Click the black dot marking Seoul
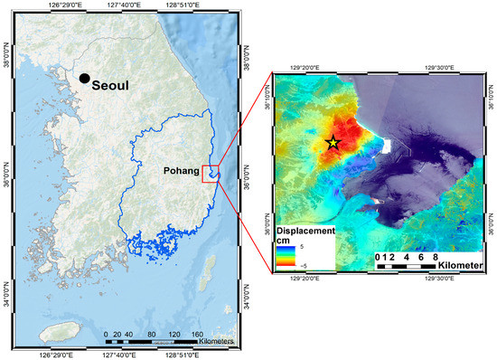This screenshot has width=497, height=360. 84,80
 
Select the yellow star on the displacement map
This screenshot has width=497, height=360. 333,142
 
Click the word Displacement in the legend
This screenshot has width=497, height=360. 306,231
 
